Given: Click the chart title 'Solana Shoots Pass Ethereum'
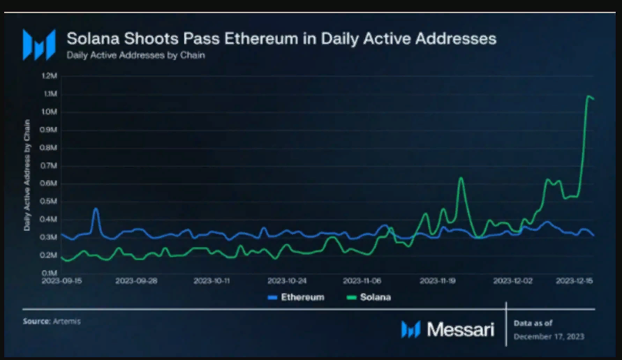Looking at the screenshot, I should (281, 38).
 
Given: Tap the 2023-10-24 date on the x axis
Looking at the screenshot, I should (288, 280).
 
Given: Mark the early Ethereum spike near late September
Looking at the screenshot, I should (96, 209).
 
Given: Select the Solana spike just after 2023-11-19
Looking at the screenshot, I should (461, 179).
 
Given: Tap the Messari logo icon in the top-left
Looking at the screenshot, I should (38, 44).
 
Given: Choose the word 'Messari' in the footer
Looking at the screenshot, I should (460, 329).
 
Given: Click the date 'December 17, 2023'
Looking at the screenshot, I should (549, 336).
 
